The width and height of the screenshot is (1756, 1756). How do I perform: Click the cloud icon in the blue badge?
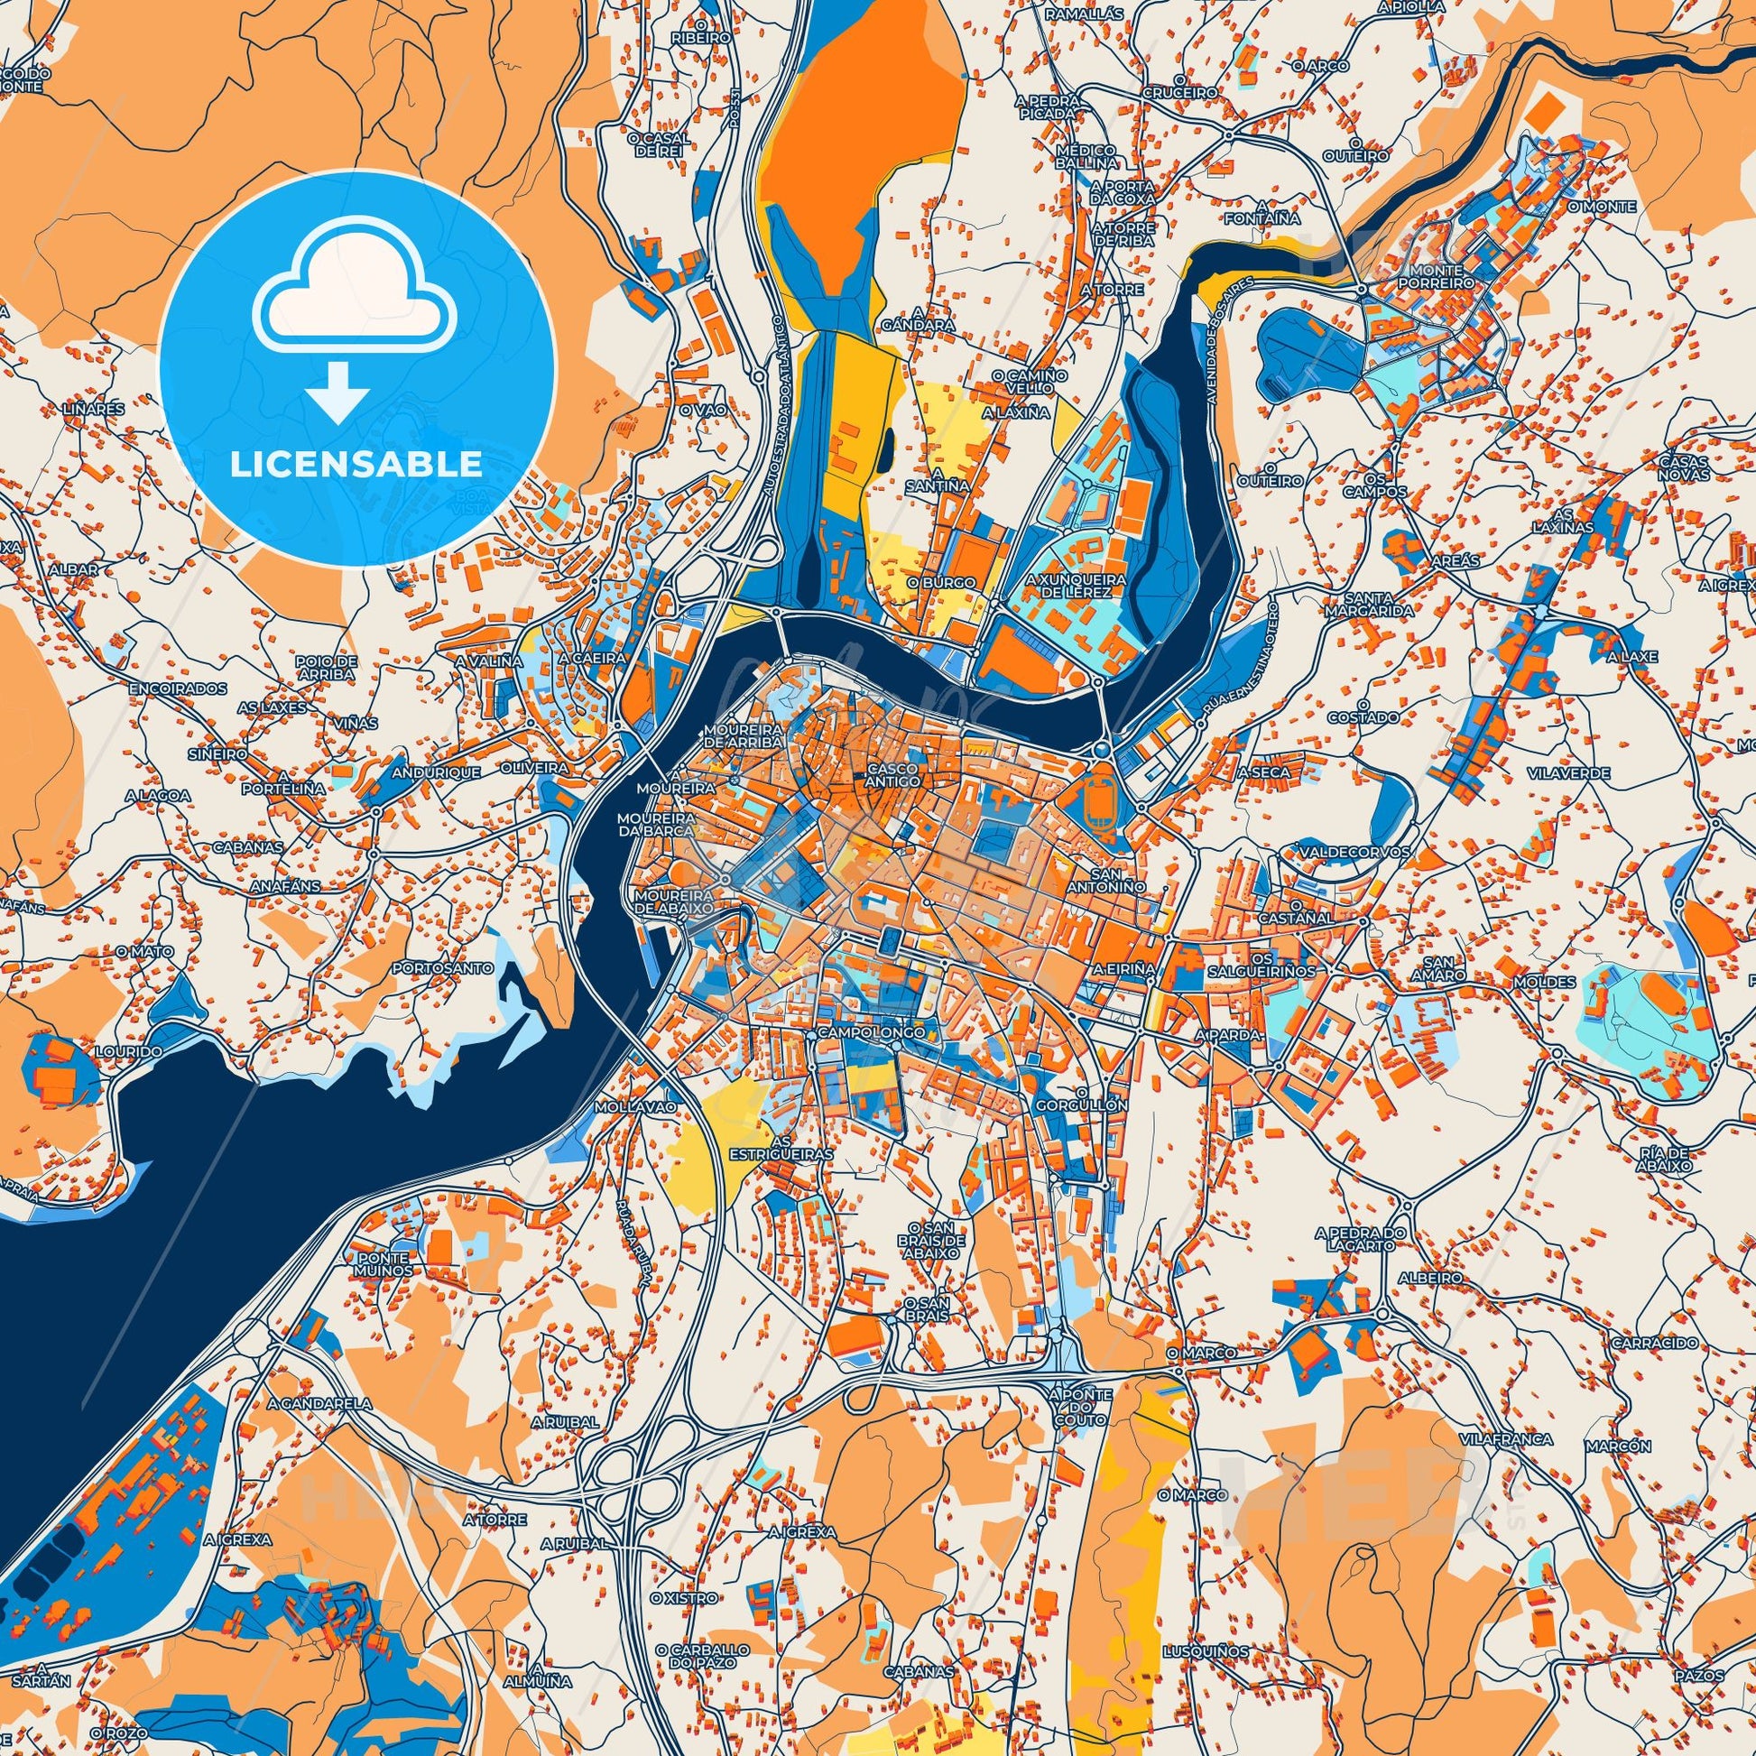click(x=356, y=288)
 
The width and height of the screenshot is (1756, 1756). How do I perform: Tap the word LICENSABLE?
click(x=356, y=465)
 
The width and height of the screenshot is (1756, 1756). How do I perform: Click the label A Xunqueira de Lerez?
click(x=1076, y=586)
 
